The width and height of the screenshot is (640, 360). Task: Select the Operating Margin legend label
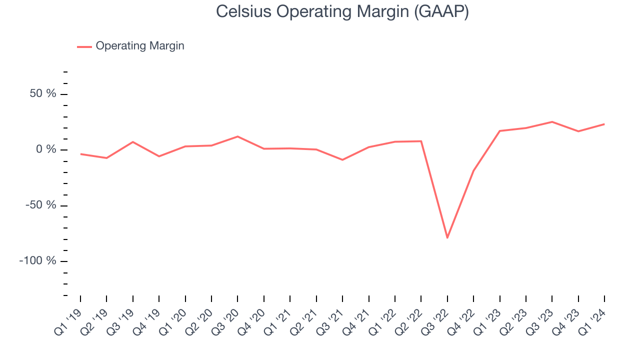[139, 46]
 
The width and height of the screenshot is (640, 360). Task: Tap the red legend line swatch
[84, 46]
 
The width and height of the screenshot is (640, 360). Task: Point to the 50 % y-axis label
[42, 94]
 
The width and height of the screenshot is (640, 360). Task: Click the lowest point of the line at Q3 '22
[447, 238]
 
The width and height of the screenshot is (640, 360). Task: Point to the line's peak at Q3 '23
[552, 121]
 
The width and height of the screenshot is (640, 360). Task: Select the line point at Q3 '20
[237, 136]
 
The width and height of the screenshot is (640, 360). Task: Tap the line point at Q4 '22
[473, 170]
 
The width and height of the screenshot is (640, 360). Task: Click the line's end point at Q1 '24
[604, 124]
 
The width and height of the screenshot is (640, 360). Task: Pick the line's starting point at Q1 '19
[80, 154]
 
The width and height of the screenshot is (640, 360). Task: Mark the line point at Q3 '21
[342, 160]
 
